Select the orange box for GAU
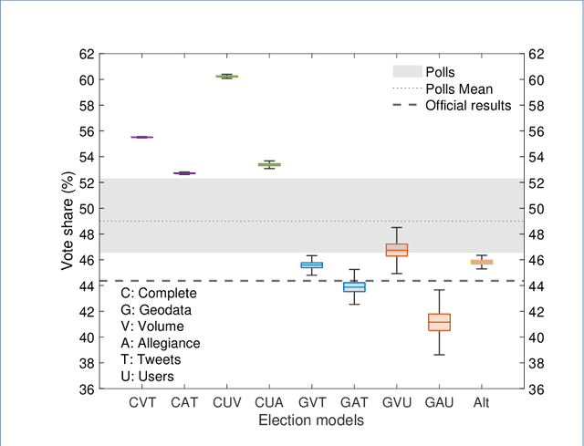(439, 322)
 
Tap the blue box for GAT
(353, 286)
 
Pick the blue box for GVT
(311, 264)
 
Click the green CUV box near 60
(226, 76)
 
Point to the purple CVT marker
(141, 137)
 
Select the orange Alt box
(481, 262)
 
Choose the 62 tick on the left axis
(84, 54)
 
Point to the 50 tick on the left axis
(84, 208)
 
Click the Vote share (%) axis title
(68, 221)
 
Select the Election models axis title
(310, 421)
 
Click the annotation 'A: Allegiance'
(161, 343)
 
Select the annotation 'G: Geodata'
(155, 309)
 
